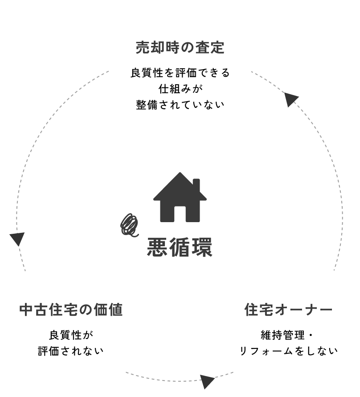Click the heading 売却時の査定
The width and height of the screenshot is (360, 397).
click(x=180, y=47)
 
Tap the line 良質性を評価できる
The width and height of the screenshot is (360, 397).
click(x=180, y=73)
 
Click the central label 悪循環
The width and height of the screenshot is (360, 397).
click(x=180, y=247)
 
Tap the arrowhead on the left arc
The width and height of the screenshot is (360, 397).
click(x=16, y=239)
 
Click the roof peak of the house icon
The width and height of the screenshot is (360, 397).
click(x=180, y=174)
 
